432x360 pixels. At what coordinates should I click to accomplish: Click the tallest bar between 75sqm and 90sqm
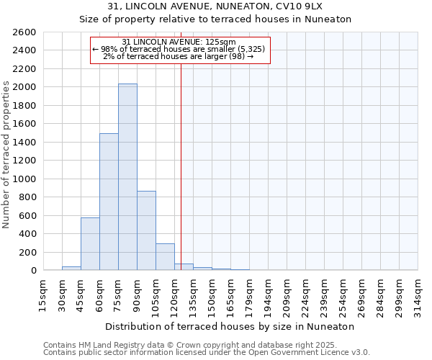click(127, 176)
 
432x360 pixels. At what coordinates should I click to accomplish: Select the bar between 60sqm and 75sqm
click(109, 202)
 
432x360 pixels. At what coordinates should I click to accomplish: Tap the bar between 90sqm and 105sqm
click(146, 230)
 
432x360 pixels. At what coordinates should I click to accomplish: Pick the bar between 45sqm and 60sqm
click(90, 243)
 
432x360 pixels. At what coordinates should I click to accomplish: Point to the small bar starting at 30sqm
click(71, 268)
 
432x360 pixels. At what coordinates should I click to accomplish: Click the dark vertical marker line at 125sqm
click(181, 166)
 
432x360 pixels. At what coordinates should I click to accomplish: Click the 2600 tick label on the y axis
click(24, 32)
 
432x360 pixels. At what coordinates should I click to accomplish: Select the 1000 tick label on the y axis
click(24, 179)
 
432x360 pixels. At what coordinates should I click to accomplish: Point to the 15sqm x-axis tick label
click(43, 294)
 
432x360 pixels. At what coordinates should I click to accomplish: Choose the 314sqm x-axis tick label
click(418, 294)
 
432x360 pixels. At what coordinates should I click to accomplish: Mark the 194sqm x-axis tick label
click(268, 294)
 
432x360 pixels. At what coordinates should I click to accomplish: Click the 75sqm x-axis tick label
click(118, 294)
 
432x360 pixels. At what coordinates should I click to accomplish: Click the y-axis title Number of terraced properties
click(6, 155)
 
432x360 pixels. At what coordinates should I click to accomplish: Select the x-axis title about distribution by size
click(230, 326)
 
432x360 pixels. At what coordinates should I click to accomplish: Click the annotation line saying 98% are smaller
click(179, 49)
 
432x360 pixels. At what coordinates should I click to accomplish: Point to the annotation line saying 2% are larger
click(179, 56)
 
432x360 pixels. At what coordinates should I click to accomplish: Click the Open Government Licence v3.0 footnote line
click(207, 353)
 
